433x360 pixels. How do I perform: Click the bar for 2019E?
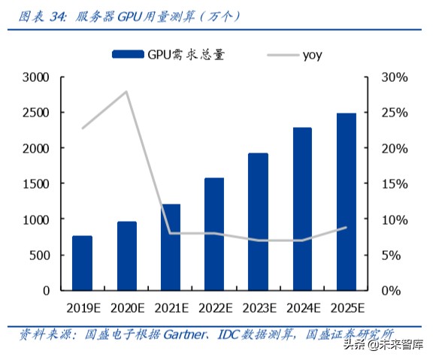click(x=83, y=263)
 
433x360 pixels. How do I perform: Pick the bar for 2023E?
click(x=258, y=222)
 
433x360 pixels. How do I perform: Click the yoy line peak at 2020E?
click(x=126, y=92)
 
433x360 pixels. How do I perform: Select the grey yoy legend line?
click(x=282, y=54)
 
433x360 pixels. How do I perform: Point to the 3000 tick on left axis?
click(x=35, y=77)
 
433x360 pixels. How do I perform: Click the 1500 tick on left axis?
click(x=35, y=184)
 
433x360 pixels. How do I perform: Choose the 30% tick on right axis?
click(x=393, y=77)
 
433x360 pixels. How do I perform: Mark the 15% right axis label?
click(x=393, y=184)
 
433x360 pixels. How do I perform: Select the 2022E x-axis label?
click(x=214, y=307)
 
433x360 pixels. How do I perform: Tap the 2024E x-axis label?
click(x=302, y=307)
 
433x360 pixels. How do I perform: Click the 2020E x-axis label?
click(x=126, y=307)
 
